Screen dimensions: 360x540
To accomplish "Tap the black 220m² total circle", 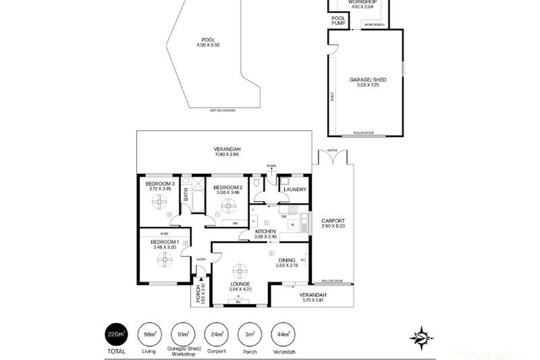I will pyautogui.click(x=115, y=335).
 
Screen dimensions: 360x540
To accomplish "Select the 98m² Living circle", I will pyautogui.click(x=148, y=335).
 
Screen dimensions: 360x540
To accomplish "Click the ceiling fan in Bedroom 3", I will pyautogui.click(x=159, y=204).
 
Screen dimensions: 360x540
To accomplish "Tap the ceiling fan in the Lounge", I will pyautogui.click(x=240, y=271).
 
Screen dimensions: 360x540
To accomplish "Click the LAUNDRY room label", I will pyautogui.click(x=295, y=189).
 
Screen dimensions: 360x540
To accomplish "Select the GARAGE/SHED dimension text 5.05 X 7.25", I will pyautogui.click(x=361, y=85).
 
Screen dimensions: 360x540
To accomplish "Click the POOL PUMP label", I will pyautogui.click(x=338, y=20).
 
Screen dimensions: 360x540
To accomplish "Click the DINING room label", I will pyautogui.click(x=286, y=260).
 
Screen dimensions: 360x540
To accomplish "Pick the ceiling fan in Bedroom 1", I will pyautogui.click(x=165, y=260).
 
